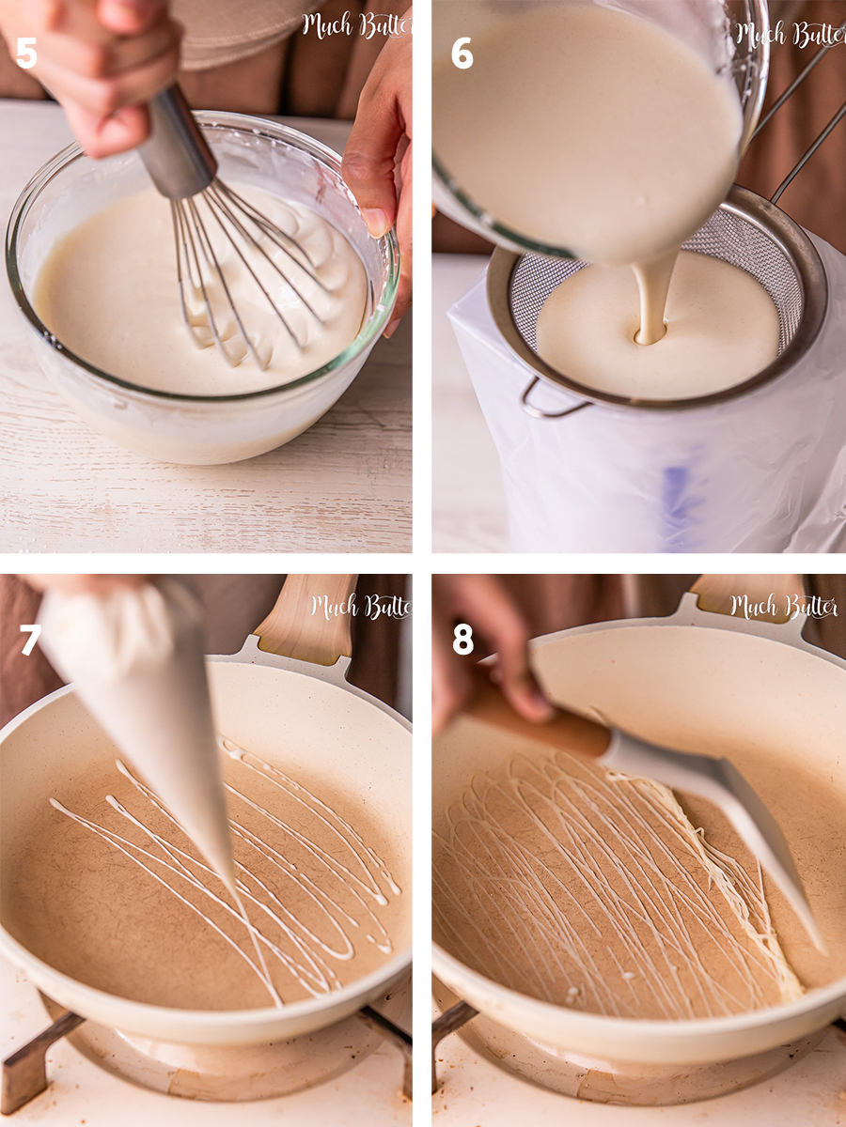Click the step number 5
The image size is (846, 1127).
[26, 53]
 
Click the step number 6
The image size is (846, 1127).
[462, 53]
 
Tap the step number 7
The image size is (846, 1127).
[30, 641]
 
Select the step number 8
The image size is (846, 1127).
[462, 639]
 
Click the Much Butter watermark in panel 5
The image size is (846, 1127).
[354, 25]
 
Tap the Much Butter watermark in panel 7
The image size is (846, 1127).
[360, 607]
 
